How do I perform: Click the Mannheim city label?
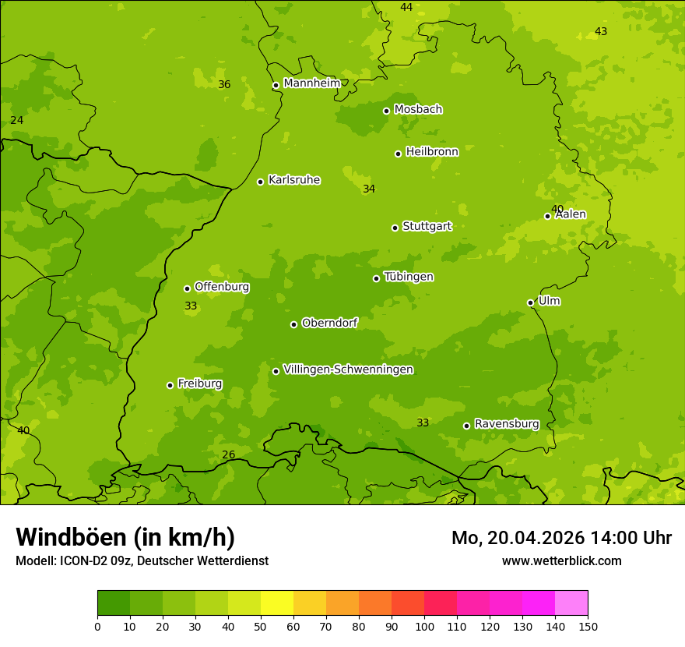coord(311,83)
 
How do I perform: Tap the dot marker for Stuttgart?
coord(395,228)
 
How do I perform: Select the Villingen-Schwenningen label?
coord(348,369)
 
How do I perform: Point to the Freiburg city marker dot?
coord(170,385)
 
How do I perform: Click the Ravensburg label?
coord(507,424)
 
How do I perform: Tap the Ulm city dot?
coord(530,302)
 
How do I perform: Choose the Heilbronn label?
coord(432,152)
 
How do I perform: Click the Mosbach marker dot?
coord(386,111)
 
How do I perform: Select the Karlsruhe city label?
coord(294,180)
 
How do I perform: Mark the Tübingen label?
coord(409,277)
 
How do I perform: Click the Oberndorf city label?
coord(330,323)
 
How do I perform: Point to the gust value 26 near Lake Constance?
coord(228,455)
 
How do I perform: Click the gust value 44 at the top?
coord(406,7)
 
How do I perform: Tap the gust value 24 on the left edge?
coord(16,120)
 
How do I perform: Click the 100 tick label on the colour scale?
coord(424,626)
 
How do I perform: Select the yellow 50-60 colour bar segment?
coord(277,603)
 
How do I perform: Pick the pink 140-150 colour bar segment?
coord(571,603)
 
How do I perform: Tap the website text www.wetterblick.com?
coord(561,560)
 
